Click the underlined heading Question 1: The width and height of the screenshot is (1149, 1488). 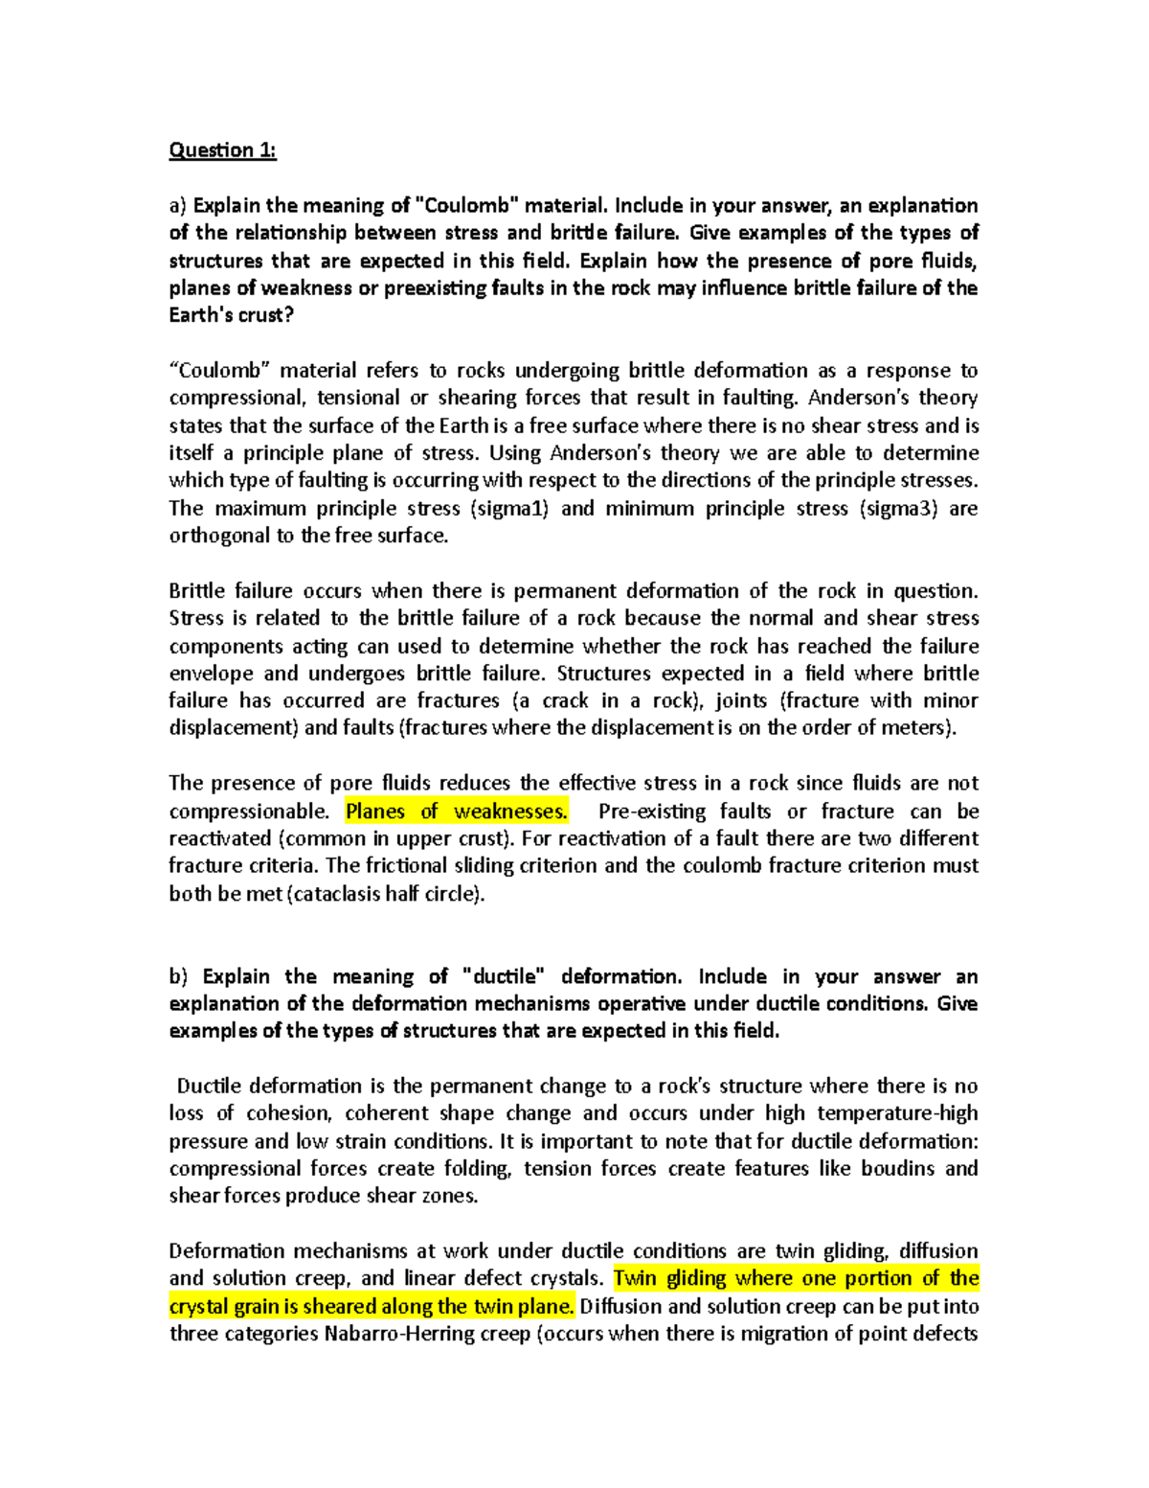pyautogui.click(x=222, y=150)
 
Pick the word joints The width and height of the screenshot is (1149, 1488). pyautogui.click(x=741, y=701)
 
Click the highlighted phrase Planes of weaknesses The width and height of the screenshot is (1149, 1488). pyautogui.click(x=456, y=812)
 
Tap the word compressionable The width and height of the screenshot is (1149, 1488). pyautogui.click(x=249, y=812)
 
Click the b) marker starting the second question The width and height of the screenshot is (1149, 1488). pyautogui.click(x=179, y=977)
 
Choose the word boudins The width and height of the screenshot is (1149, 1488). pyautogui.click(x=898, y=1169)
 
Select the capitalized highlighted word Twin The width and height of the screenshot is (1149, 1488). pyautogui.click(x=635, y=1279)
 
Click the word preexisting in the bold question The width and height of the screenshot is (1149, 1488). pyautogui.click(x=433, y=288)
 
